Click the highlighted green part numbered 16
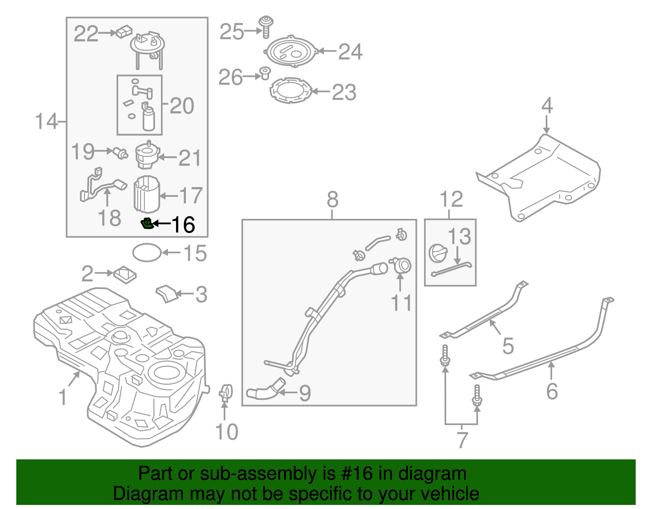146,224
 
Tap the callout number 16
183,225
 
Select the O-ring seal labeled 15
147,252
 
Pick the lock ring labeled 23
291,91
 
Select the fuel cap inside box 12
438,253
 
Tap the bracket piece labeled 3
167,293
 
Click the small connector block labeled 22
124,31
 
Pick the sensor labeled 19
121,153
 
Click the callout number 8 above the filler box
333,200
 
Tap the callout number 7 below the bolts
461,440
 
